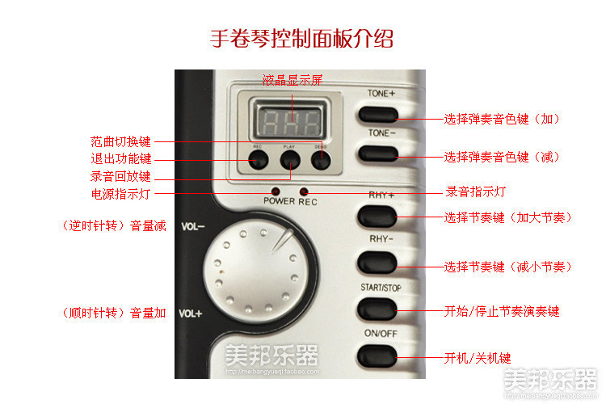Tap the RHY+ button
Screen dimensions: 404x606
pyautogui.click(x=378, y=216)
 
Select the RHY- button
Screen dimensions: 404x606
pyautogui.click(x=378, y=261)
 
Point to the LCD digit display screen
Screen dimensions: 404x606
pyautogui.click(x=289, y=121)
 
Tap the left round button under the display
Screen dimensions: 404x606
pyautogui.click(x=258, y=160)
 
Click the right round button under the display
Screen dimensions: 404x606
pyautogui.click(x=322, y=160)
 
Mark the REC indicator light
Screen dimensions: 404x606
pyautogui.click(x=305, y=192)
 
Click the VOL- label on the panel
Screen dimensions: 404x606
pyautogui.click(x=192, y=227)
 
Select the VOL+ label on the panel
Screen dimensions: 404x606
pyautogui.click(x=191, y=314)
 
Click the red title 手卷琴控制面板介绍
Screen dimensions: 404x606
pyautogui.click(x=301, y=38)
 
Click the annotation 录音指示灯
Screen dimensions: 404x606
pyautogui.click(x=476, y=192)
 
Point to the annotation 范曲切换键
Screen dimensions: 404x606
pyautogui.click(x=120, y=141)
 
